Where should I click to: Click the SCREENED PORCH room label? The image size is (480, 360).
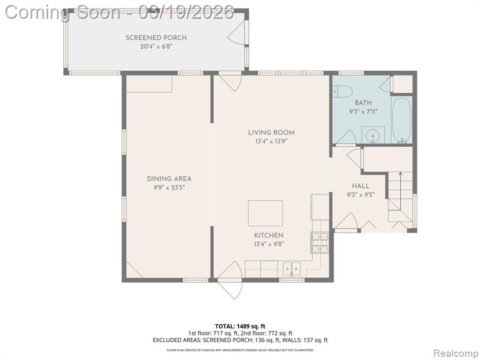[156, 37]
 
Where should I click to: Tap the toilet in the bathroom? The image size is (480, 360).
[343, 91]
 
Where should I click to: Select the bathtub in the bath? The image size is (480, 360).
[401, 120]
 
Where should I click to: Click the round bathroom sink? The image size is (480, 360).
[373, 135]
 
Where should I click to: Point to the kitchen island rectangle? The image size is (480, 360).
[265, 213]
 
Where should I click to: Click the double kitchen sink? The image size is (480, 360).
[292, 269]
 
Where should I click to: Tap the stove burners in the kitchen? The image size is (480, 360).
[320, 242]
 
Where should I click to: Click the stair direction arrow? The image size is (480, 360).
[400, 191]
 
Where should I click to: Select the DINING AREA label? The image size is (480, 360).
[169, 179]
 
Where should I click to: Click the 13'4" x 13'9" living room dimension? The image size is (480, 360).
[271, 142]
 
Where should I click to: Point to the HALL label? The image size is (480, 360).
[360, 186]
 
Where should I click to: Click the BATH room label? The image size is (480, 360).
[363, 103]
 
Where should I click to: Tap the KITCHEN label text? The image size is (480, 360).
[269, 235]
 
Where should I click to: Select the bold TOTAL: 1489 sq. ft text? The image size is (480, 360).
[238, 326]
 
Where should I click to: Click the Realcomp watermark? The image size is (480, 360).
[455, 353]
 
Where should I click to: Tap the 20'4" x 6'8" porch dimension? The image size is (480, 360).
[156, 46]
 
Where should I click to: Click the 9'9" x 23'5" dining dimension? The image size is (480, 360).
[169, 187]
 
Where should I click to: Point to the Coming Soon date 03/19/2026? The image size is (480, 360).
[186, 12]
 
